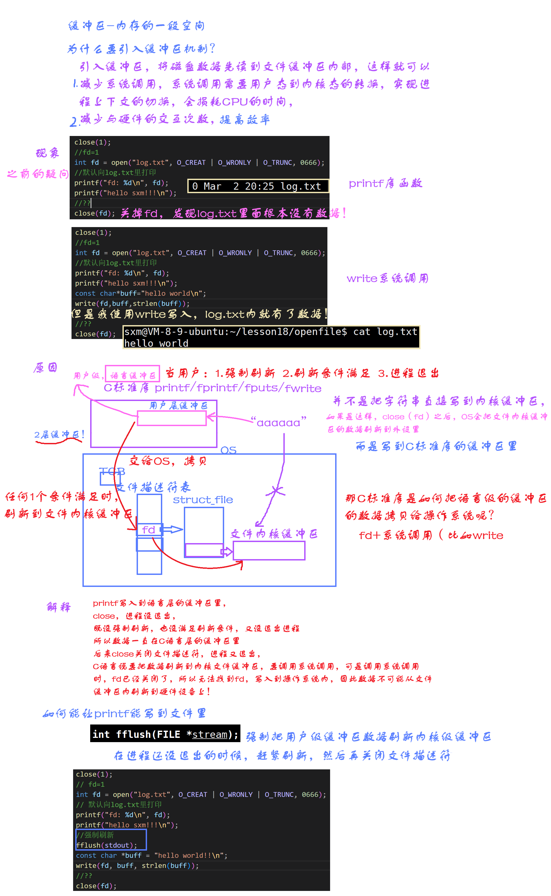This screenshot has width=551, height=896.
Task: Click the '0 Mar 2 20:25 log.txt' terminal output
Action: [x=258, y=186]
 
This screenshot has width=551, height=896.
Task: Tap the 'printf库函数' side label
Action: [x=385, y=183]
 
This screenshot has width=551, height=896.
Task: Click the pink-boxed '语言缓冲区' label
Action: [x=133, y=375]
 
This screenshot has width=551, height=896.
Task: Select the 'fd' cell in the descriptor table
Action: [x=149, y=529]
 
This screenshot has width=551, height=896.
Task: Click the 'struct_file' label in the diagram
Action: [x=203, y=500]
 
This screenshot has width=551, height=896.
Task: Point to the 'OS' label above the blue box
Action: [x=228, y=450]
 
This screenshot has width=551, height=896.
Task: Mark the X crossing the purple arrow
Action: [x=276, y=491]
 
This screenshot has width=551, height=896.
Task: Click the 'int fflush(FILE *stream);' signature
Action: [x=165, y=734]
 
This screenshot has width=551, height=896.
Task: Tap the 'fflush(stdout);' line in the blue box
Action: [x=106, y=845]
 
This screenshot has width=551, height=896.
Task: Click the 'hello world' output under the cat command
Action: [x=156, y=343]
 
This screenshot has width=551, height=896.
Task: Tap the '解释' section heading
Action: [x=59, y=607]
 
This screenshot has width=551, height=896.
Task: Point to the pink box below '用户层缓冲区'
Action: [x=172, y=418]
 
